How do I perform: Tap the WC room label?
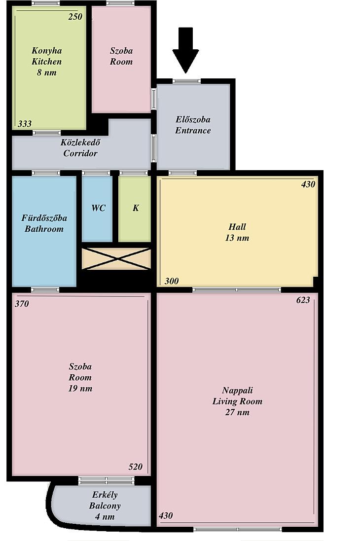[x=98, y=208]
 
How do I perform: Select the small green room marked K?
[x=135, y=209]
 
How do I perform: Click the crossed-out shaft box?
[x=116, y=258]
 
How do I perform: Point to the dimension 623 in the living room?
[x=303, y=300]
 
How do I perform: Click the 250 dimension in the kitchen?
[x=75, y=17]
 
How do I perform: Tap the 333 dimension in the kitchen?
[x=25, y=124]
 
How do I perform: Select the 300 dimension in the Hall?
[x=172, y=281]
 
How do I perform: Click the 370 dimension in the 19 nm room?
[x=22, y=304]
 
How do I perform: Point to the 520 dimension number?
[x=135, y=467]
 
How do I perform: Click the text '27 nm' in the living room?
[x=237, y=412]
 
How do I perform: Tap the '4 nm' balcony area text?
[x=105, y=517]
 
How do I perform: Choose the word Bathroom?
[x=44, y=229]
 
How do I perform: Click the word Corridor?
[x=80, y=153]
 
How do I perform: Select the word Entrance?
[x=193, y=130]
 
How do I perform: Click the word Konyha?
[x=47, y=51]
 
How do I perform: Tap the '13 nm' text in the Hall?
[x=237, y=238]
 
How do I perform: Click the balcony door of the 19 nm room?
[x=106, y=480]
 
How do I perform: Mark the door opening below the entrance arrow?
[x=186, y=81]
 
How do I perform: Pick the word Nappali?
[x=237, y=391]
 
